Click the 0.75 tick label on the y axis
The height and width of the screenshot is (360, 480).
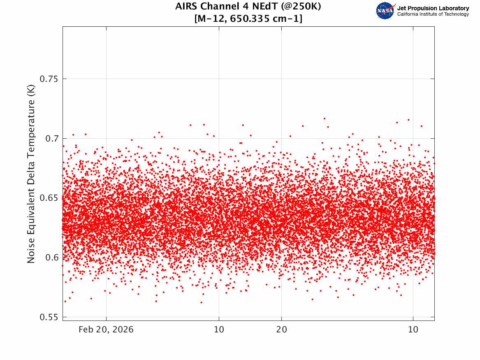(x=49, y=79)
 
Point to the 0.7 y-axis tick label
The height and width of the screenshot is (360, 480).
(x=52, y=138)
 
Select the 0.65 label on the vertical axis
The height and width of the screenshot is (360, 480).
(x=49, y=198)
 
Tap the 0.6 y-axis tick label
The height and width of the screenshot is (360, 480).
(x=52, y=258)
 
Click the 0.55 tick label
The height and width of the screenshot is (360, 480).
(x=49, y=317)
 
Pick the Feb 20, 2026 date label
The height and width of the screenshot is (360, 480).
(x=106, y=330)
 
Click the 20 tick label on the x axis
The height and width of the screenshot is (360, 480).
(x=282, y=330)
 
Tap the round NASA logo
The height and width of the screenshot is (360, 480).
(x=385, y=11)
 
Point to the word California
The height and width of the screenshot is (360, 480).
(x=408, y=14)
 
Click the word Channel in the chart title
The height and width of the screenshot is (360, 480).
(x=218, y=6)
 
